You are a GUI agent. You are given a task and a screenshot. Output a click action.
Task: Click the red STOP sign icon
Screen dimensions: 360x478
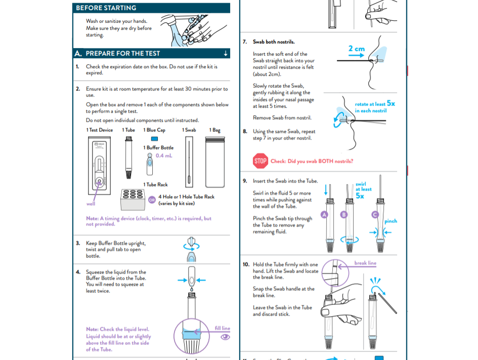click(x=260, y=161)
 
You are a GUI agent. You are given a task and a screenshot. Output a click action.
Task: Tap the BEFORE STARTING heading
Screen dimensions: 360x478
click(x=106, y=8)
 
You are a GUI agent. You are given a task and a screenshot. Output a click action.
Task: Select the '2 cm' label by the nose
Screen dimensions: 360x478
click(x=356, y=49)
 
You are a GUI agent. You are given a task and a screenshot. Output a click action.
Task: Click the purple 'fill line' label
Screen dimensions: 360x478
click(x=222, y=328)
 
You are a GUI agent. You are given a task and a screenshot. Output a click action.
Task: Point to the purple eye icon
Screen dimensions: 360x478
click(x=225, y=337)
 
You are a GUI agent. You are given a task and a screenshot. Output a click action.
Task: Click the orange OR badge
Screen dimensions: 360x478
click(x=151, y=199)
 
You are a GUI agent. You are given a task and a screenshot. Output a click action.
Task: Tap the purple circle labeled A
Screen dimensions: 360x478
click(x=325, y=214)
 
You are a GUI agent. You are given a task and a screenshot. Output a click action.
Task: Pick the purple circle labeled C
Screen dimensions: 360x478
click(x=375, y=214)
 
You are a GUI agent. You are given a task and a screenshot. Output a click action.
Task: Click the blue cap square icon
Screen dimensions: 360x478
click(x=154, y=139)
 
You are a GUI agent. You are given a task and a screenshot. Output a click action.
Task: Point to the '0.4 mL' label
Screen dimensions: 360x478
click(x=164, y=156)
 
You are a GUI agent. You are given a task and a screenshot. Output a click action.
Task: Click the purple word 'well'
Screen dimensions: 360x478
click(x=91, y=204)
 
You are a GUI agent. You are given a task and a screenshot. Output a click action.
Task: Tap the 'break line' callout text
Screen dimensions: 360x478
click(x=365, y=263)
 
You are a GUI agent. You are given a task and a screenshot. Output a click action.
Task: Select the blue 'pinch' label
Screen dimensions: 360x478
click(x=390, y=221)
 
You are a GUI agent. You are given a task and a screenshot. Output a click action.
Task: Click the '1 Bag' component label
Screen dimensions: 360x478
click(x=215, y=130)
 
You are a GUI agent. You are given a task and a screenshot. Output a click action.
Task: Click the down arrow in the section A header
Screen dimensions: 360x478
click(x=225, y=53)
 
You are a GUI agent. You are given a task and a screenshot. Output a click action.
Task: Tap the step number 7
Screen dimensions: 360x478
click(x=245, y=42)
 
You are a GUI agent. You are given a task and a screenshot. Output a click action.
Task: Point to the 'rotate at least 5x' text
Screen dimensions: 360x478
click(x=374, y=107)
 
